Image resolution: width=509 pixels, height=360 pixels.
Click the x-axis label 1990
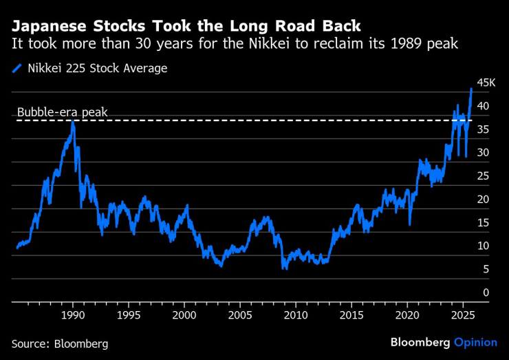[x=73, y=315]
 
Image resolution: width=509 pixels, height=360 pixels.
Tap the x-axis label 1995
[x=129, y=315]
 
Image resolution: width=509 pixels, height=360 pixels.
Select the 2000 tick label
[x=184, y=315]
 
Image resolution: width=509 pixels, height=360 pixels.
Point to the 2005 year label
[x=240, y=315]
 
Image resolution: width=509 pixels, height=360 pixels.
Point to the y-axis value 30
[x=484, y=153]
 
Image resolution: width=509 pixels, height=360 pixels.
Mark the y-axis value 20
[x=484, y=200]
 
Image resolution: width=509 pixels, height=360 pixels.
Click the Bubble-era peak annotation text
[x=62, y=112]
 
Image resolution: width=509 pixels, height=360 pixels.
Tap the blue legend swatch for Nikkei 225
[x=17, y=68]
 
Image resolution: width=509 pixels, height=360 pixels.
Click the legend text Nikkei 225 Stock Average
[x=97, y=68]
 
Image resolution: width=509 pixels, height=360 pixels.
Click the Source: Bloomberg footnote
[x=60, y=343]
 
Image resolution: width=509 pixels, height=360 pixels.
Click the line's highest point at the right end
[x=471, y=89]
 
